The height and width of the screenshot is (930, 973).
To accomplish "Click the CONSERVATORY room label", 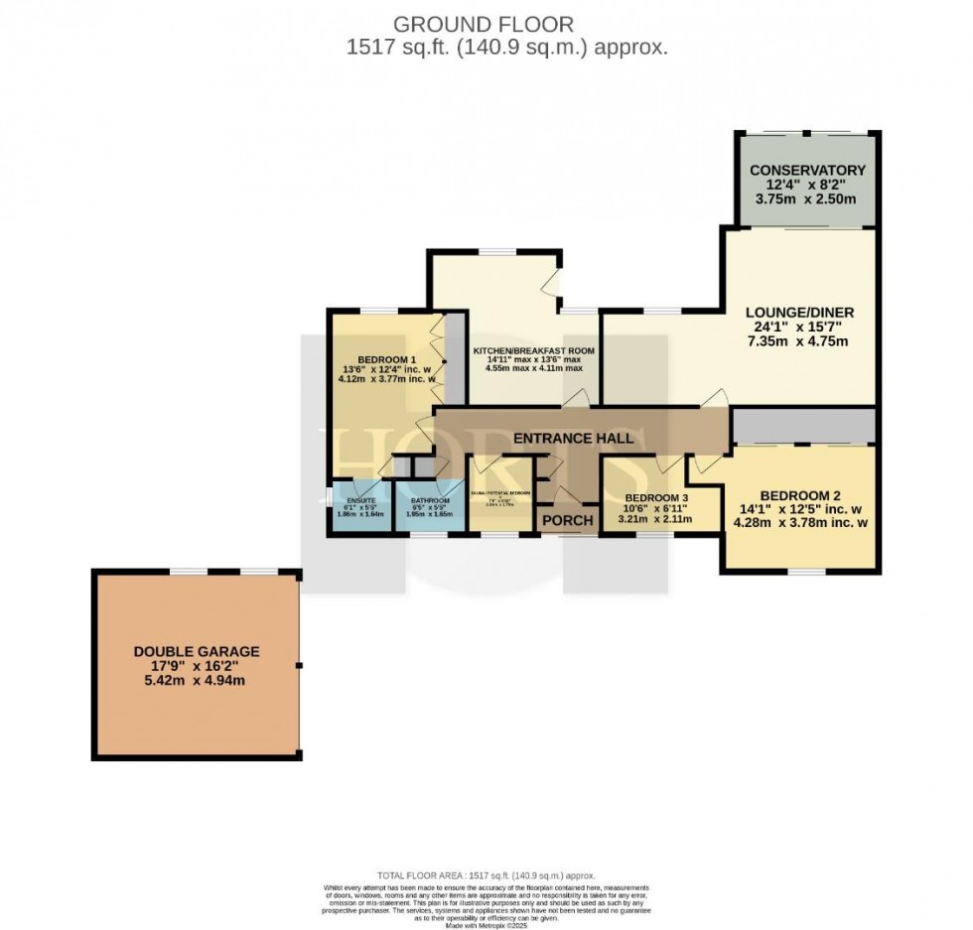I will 806,171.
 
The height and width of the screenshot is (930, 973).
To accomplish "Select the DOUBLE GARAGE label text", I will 197,651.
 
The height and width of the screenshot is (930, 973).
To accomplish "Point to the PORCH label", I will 567,521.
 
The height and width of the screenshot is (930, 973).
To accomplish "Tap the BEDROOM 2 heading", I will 800,495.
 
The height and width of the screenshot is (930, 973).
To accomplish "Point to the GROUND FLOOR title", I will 484,23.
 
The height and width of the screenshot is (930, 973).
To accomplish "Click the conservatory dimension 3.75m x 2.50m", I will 806,200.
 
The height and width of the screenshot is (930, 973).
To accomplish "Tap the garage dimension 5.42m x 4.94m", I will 197,681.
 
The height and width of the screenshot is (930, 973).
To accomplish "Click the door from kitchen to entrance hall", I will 575,398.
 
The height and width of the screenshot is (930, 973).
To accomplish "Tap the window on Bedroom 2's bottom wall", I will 806,572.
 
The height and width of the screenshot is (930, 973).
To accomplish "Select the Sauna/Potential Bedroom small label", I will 500,492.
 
